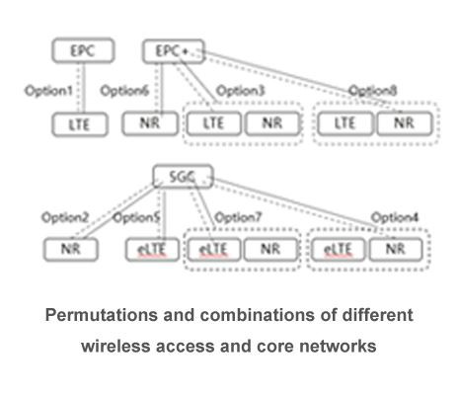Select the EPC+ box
(x=172, y=50)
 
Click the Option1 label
(x=48, y=92)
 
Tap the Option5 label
(x=138, y=216)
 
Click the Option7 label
(x=238, y=216)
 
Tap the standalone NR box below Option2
(x=68, y=249)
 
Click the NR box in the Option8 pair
(x=402, y=124)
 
